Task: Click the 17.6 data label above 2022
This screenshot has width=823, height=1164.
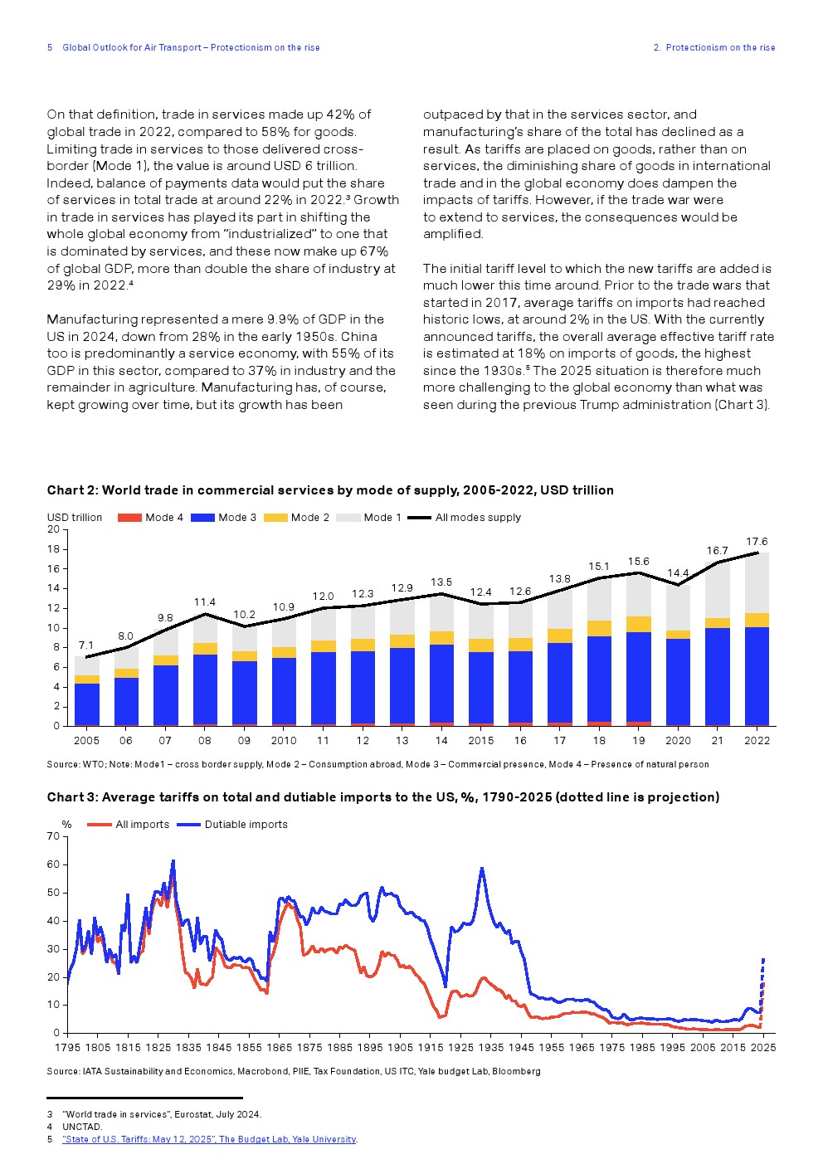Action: pyautogui.click(x=757, y=542)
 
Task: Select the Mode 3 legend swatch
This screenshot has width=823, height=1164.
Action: pyautogui.click(x=202, y=518)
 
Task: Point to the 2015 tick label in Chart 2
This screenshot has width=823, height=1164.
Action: pyautogui.click(x=480, y=741)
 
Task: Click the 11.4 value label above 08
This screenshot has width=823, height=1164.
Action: pyautogui.click(x=205, y=602)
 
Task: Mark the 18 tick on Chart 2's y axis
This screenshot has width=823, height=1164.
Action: pyautogui.click(x=54, y=549)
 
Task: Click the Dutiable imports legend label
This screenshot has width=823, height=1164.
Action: pyautogui.click(x=246, y=825)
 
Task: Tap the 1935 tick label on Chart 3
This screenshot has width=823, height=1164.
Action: pyautogui.click(x=490, y=1048)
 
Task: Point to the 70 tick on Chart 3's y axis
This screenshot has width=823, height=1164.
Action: pyautogui.click(x=54, y=836)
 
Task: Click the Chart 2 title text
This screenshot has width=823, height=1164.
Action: pyautogui.click(x=330, y=490)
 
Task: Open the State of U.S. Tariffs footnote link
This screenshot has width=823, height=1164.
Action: pyautogui.click(x=209, y=1139)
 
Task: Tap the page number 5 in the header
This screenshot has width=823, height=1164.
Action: pyautogui.click(x=50, y=48)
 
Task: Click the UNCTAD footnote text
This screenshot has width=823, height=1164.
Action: pyautogui.click(x=82, y=1127)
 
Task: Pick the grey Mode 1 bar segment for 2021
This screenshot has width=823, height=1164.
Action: pyautogui.click(x=717, y=591)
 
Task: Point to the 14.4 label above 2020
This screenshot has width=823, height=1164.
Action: pyautogui.click(x=678, y=573)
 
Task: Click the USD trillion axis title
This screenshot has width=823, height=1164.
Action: pyautogui.click(x=75, y=518)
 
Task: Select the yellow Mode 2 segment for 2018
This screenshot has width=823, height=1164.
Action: pyautogui.click(x=599, y=628)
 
